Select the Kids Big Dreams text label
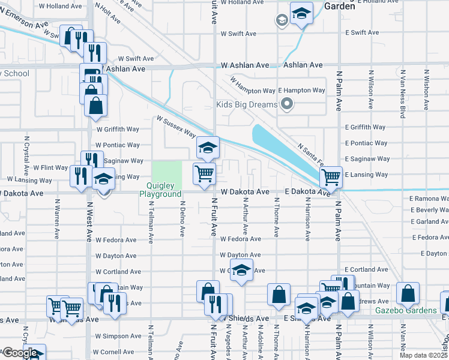click(x=247, y=105)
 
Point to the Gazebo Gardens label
click(x=406, y=310)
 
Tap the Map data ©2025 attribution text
click(x=423, y=355)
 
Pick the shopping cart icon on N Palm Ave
click(x=331, y=177)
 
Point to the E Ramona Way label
click(x=429, y=198)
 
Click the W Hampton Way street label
click(x=252, y=90)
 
